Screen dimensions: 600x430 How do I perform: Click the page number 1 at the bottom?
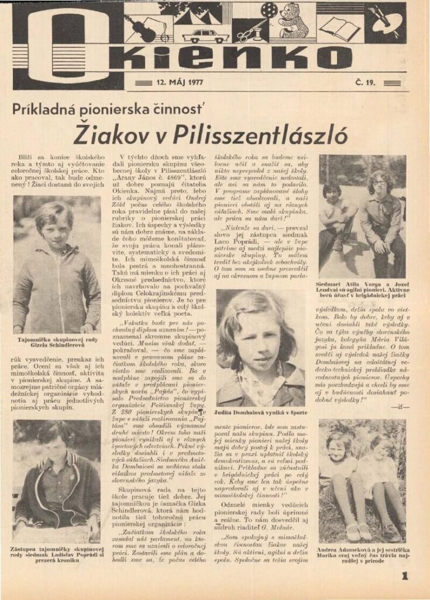pos(404,576)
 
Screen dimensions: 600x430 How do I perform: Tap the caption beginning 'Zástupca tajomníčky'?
pos(57,554)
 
